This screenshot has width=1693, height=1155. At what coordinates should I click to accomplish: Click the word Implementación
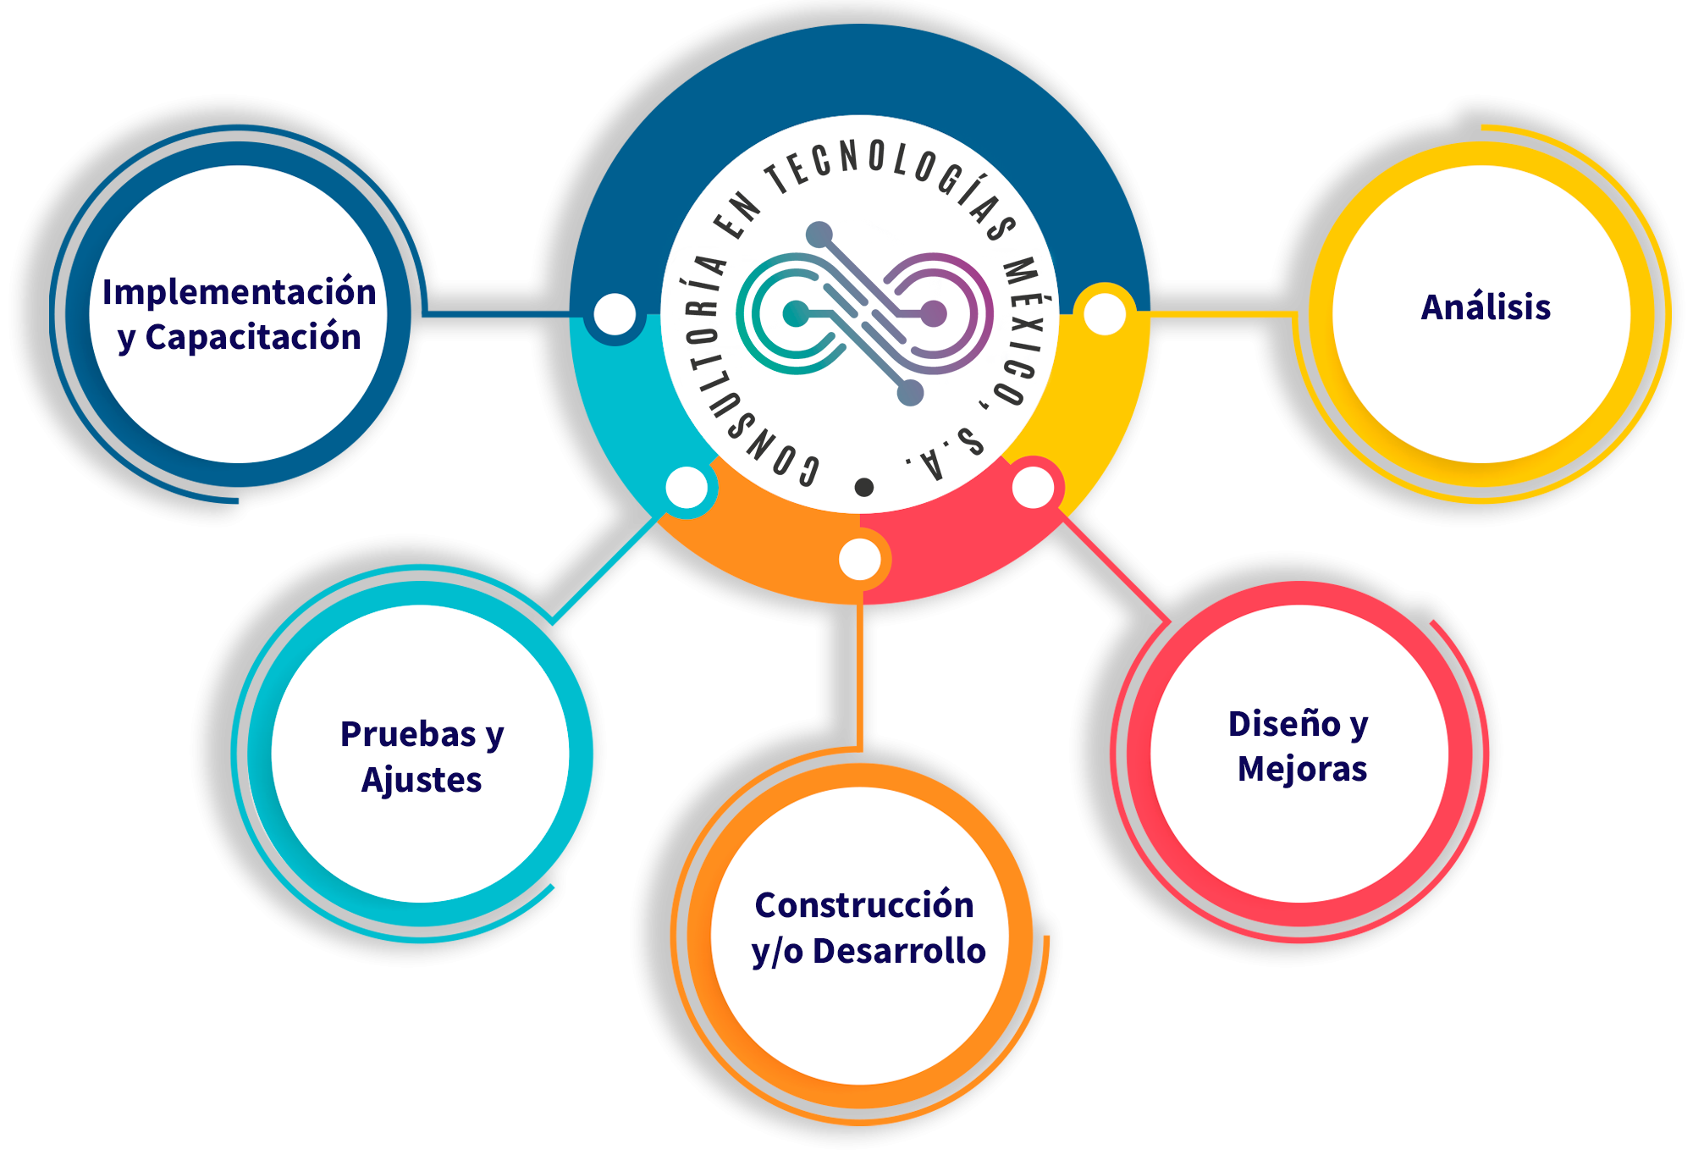click(x=240, y=292)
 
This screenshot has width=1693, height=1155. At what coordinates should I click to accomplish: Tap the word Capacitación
click(x=253, y=337)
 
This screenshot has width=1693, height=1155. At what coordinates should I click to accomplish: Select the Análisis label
click(x=1486, y=307)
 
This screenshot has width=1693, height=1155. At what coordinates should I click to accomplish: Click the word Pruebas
click(x=409, y=734)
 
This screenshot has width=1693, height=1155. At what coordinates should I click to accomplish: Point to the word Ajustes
click(x=422, y=780)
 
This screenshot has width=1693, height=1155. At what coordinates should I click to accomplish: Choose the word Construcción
click(x=864, y=905)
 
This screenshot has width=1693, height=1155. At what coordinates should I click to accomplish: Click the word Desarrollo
click(x=899, y=951)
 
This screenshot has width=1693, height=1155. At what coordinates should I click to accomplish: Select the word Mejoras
click(x=1302, y=769)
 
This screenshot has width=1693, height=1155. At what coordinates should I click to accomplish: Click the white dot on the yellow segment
click(x=1105, y=314)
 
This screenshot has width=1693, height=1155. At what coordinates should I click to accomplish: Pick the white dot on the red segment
click(x=1033, y=488)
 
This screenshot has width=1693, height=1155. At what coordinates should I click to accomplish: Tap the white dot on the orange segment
click(x=860, y=560)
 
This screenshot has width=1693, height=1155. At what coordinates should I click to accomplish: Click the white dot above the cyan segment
click(x=615, y=314)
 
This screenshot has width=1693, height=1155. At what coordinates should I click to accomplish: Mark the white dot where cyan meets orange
click(x=687, y=488)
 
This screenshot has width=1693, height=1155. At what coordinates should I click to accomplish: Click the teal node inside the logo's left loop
click(x=795, y=313)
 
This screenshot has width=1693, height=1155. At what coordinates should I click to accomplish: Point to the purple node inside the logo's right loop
click(x=933, y=313)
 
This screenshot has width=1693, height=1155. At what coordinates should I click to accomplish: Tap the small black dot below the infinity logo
click(x=863, y=487)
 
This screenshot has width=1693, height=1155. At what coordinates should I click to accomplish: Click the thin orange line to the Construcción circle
click(x=860, y=677)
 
